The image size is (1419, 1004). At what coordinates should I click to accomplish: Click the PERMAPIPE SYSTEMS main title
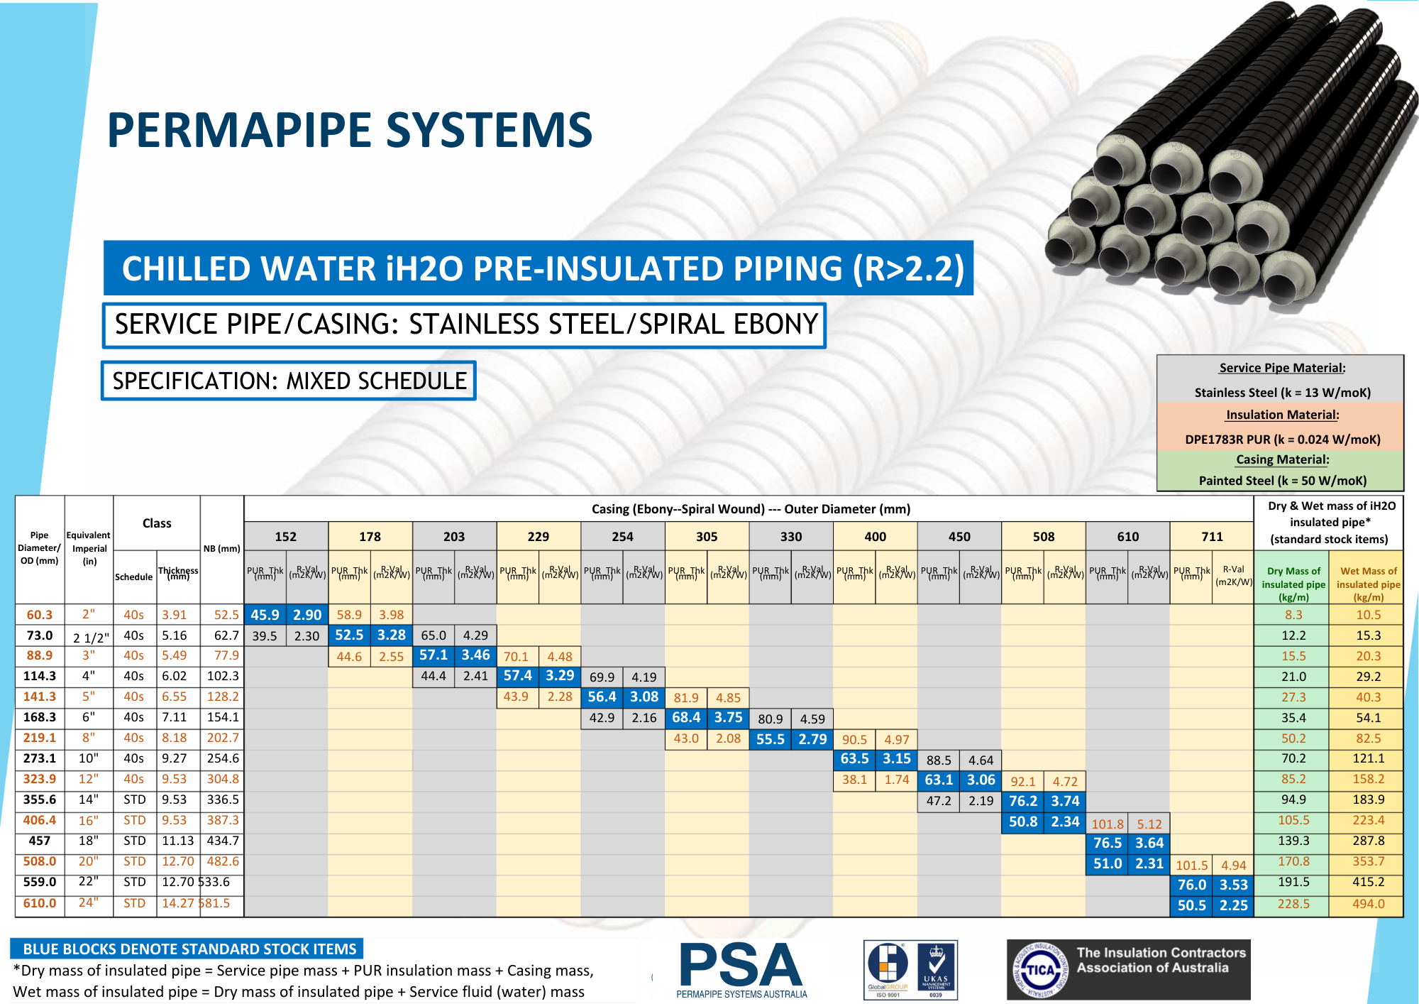[350, 131]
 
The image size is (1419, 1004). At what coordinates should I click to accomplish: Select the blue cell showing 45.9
[265, 615]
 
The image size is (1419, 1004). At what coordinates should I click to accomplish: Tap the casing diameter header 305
[707, 537]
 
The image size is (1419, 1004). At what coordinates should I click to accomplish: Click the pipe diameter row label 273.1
[40, 758]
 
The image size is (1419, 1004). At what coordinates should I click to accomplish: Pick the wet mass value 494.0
[1368, 904]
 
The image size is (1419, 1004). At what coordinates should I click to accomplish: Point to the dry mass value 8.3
[1293, 615]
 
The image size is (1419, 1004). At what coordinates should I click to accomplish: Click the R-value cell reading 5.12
[1149, 824]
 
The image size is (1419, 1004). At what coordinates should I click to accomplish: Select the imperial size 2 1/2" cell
[91, 637]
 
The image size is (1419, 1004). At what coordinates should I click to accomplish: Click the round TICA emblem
[1040, 970]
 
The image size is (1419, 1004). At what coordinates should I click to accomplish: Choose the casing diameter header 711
[1212, 537]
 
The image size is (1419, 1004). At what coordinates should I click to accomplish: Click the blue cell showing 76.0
[1191, 885]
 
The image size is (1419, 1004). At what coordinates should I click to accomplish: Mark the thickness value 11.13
[177, 841]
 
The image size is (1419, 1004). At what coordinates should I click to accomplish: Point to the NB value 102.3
[223, 676]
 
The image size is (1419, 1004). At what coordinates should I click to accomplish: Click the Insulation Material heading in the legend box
[1282, 415]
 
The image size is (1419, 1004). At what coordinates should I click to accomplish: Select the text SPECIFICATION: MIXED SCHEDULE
[289, 381]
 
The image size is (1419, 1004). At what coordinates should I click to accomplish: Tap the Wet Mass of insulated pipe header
[1368, 584]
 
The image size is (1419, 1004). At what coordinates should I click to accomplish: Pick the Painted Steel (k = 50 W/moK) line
[1282, 481]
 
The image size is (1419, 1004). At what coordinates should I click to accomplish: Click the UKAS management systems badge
[936, 969]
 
